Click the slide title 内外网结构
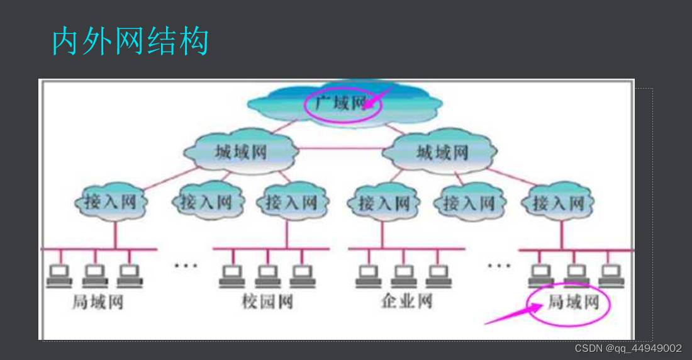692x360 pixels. pyautogui.click(x=130, y=42)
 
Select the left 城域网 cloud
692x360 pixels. pyautogui.click(x=241, y=152)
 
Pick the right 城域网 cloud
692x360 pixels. pyautogui.click(x=442, y=152)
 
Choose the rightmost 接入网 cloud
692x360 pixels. pyautogui.click(x=559, y=203)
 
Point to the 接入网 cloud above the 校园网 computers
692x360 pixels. pyautogui.click(x=291, y=203)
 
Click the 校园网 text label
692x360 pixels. pyautogui.click(x=267, y=301)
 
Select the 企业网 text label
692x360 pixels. pyautogui.click(x=406, y=301)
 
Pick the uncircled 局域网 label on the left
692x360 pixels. pyautogui.click(x=98, y=301)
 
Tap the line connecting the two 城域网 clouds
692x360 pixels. pyautogui.click(x=340, y=149)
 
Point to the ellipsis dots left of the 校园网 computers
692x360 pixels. pyautogui.click(x=186, y=265)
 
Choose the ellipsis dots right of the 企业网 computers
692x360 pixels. pyautogui.click(x=499, y=265)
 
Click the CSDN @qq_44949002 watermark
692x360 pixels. pyautogui.click(x=628, y=348)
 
